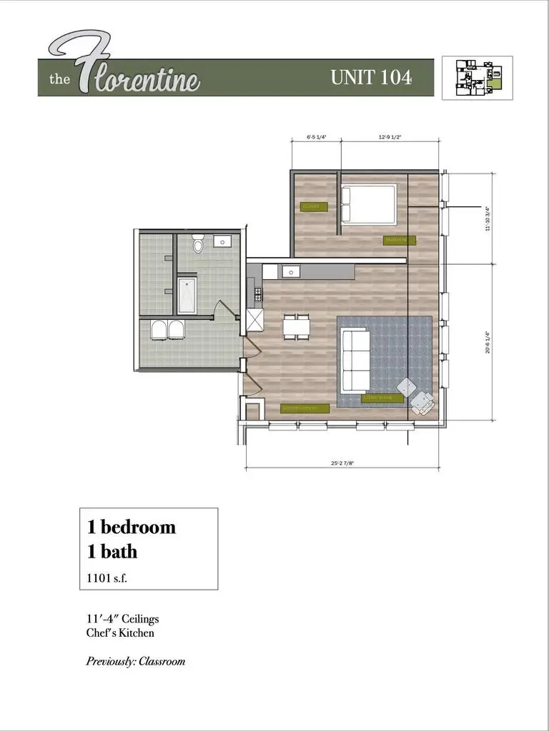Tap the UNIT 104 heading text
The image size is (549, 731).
point(370,78)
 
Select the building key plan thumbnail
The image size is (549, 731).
point(477,78)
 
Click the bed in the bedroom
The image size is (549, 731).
point(368,204)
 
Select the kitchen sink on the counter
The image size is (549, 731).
point(290,271)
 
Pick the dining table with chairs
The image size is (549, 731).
point(297,326)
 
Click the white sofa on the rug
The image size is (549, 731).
point(355,360)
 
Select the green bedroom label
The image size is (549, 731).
point(399,240)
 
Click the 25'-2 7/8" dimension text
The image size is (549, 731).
point(342,463)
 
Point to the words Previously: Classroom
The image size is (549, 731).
point(136,661)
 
